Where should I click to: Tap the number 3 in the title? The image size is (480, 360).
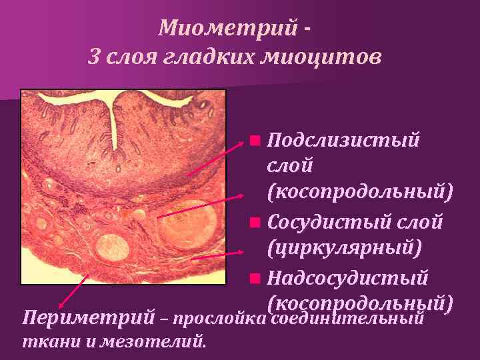tap(94, 57)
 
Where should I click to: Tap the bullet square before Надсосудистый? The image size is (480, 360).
tap(254, 277)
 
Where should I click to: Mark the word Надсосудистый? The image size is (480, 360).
tap(347, 277)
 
